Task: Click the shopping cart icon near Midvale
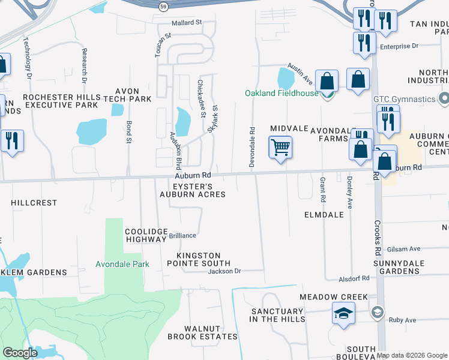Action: pyautogui.click(x=281, y=147)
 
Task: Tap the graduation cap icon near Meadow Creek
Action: pyautogui.click(x=343, y=314)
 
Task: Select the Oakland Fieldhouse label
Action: pyautogui.click(x=281, y=93)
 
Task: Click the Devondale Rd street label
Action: pyautogui.click(x=253, y=146)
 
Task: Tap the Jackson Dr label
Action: pyautogui.click(x=224, y=271)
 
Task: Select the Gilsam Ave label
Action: pyautogui.click(x=404, y=249)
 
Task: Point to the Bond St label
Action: pyautogui.click(x=128, y=132)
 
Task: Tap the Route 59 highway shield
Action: pyautogui.click(x=163, y=7)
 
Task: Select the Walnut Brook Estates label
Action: pyautogui.click(x=202, y=332)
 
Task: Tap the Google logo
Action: pyautogui.click(x=20, y=353)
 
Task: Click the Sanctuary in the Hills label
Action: pyautogui.click(x=277, y=315)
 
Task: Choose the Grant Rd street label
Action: pyautogui.click(x=322, y=188)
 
